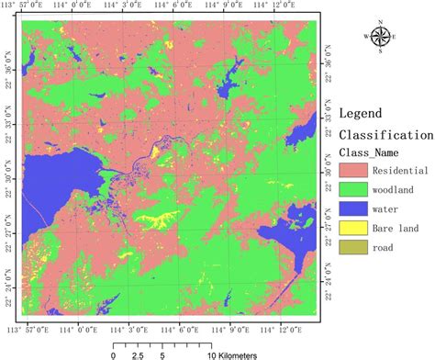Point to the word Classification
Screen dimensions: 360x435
click(x=386, y=134)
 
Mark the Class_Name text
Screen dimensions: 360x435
click(x=372, y=152)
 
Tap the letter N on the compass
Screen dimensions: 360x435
click(x=380, y=18)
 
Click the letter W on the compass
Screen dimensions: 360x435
click(x=365, y=37)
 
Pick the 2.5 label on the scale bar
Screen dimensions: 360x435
click(x=137, y=353)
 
